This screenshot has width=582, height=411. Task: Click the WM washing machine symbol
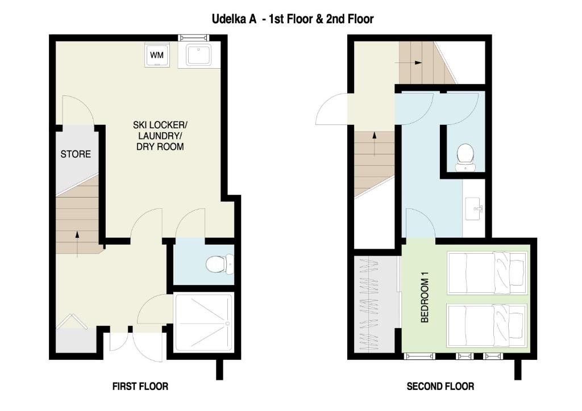point(157,55)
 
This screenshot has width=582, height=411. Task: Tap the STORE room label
point(76,154)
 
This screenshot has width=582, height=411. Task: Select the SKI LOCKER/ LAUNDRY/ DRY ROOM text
point(160,136)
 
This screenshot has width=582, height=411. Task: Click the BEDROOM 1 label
point(425,297)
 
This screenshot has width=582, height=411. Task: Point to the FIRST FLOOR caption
point(140,387)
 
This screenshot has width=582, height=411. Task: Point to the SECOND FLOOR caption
point(440,387)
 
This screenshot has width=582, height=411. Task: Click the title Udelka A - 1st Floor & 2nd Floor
point(293,19)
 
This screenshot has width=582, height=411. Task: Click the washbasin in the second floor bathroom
point(474,209)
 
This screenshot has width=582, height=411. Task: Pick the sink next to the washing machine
point(198,55)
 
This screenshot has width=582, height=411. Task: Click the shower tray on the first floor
point(204,322)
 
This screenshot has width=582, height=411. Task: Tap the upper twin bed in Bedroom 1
point(487,272)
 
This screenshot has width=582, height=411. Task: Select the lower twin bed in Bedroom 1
point(487,326)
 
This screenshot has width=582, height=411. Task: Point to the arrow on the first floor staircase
point(77,244)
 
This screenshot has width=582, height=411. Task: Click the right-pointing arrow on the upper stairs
point(408,62)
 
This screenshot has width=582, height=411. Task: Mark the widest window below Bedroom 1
point(419,356)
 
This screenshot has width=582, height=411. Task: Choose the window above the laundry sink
point(194,37)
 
